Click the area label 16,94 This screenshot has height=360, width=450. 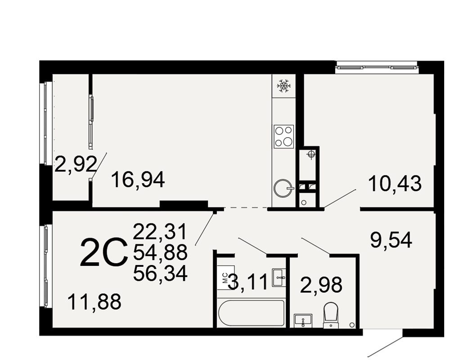tap(138, 180)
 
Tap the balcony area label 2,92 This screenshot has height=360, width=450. tap(76, 164)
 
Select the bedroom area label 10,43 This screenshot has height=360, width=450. tap(395, 184)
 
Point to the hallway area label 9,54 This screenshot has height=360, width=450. tap(391, 240)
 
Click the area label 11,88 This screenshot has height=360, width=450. tap(94, 301)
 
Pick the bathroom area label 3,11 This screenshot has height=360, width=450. tap(249, 282)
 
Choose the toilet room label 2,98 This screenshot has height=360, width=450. tap(321, 285)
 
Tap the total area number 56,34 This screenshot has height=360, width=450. tap(160, 273)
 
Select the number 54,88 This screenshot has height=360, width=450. tap(160, 252)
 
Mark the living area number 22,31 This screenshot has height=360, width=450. tap(160, 232)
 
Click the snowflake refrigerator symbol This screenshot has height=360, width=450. tap(283, 85)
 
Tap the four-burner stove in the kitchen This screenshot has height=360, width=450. tap(284, 136)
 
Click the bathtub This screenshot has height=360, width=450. tap(252, 313)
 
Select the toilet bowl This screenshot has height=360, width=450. tap(331, 315)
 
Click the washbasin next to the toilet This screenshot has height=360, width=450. tap(303, 321)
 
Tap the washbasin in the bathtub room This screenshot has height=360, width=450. tap(279, 278)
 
